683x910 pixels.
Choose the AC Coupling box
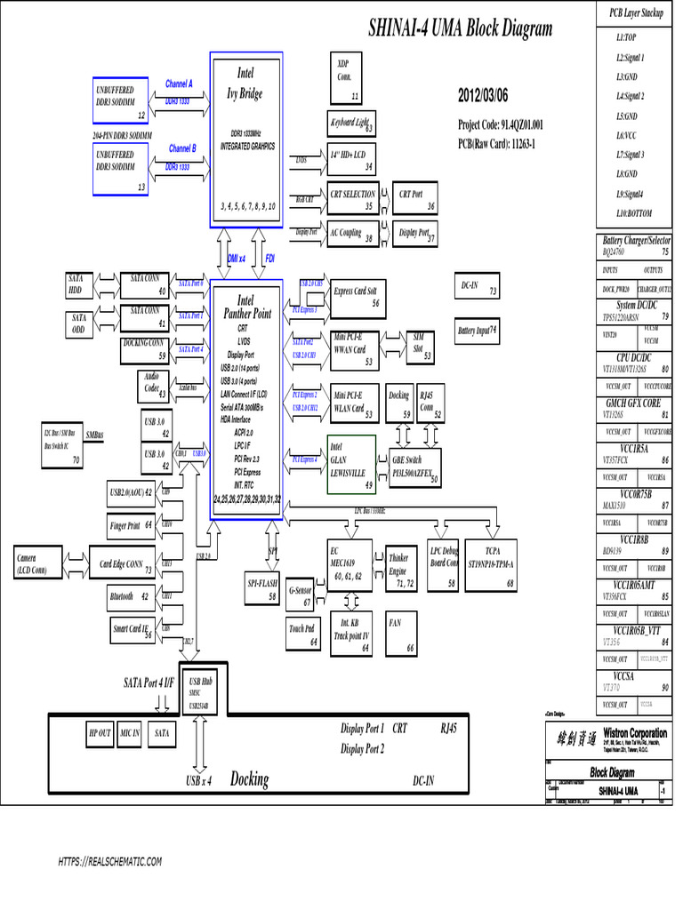pos(351,233)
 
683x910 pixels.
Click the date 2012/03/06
pos(484,94)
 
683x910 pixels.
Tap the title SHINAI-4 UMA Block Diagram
pos(460,28)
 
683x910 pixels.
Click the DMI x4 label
pos(237,258)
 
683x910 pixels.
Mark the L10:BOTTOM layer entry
pos(633,213)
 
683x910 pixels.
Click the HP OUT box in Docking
pos(100,733)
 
